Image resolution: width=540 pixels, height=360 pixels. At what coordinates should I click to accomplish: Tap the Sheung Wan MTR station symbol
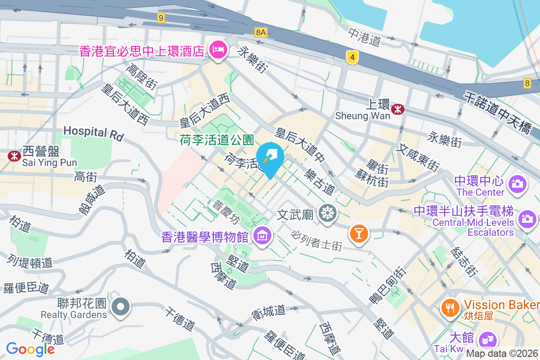(x=397, y=108)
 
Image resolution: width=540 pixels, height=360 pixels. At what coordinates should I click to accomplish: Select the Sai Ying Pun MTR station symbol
(x=14, y=156)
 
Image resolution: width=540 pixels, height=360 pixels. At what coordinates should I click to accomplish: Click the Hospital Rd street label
(x=93, y=133)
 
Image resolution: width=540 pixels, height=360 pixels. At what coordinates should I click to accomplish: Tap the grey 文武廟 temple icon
(x=327, y=213)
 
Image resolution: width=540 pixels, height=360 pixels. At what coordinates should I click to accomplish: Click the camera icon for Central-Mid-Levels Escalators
(x=526, y=219)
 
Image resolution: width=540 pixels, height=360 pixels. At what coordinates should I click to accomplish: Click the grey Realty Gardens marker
(x=120, y=308)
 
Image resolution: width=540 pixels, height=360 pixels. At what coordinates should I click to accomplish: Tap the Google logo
(x=30, y=349)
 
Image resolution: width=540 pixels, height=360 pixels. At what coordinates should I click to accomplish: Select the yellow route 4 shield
(x=352, y=57)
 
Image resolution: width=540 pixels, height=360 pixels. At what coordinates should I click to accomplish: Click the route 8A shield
(x=261, y=32)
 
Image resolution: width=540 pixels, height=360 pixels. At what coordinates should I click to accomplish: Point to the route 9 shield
(x=161, y=18)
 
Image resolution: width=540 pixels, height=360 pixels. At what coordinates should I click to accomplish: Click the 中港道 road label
(x=364, y=36)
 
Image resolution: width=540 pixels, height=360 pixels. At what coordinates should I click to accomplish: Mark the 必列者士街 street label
(x=317, y=241)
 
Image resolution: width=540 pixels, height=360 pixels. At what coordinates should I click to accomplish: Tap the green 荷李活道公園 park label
(x=217, y=140)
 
